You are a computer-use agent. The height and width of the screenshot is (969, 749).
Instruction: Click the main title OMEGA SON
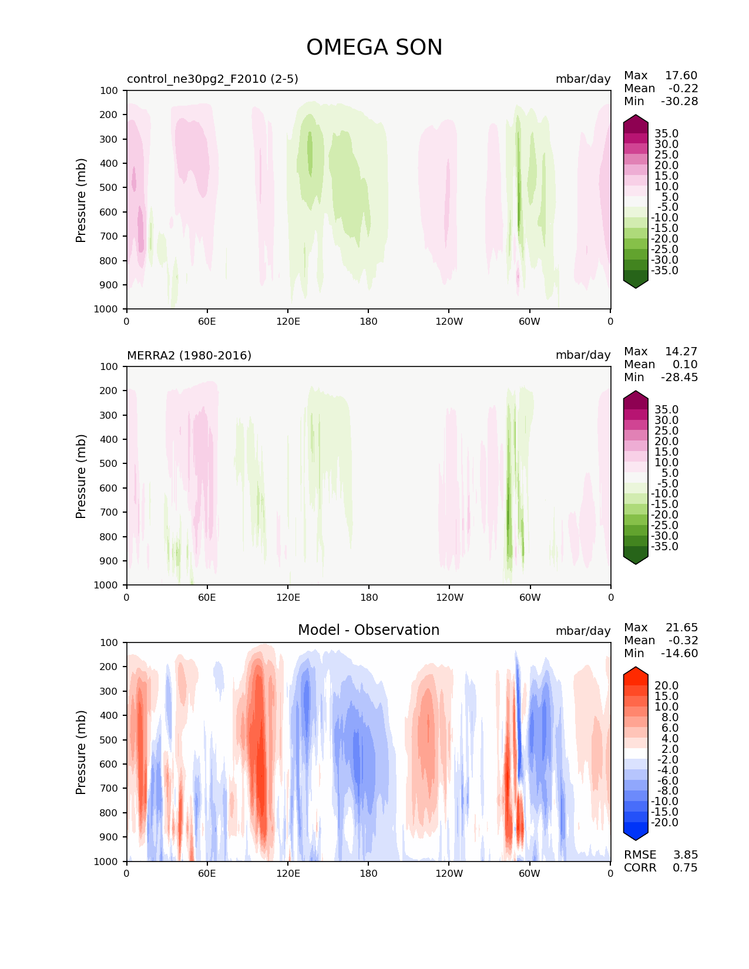click(x=374, y=48)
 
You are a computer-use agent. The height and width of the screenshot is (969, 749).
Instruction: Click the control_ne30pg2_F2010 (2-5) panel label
click(x=212, y=79)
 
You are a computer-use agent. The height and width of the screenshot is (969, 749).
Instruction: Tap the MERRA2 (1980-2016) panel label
click(x=189, y=355)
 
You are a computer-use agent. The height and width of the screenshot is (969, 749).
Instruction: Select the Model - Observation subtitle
click(x=368, y=630)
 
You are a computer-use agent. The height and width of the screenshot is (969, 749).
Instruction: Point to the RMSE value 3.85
click(x=685, y=855)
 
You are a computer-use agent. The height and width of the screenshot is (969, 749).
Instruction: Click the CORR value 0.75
click(x=685, y=868)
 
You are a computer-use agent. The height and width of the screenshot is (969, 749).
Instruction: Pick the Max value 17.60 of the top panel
click(x=681, y=76)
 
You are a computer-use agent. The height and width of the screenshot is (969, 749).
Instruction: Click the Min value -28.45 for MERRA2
click(x=679, y=378)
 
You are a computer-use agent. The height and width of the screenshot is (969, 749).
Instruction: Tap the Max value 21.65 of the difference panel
click(x=681, y=628)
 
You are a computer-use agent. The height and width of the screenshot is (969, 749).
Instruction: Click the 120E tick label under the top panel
click(x=288, y=321)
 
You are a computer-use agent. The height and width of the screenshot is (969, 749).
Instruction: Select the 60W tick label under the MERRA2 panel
click(x=530, y=597)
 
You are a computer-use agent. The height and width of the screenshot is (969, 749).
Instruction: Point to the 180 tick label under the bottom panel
click(x=368, y=873)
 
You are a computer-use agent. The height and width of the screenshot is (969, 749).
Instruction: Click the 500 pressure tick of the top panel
click(x=109, y=188)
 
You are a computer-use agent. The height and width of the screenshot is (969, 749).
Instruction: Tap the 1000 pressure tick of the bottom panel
click(x=107, y=862)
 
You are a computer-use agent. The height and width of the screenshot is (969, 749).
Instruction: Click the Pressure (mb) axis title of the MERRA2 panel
click(x=81, y=476)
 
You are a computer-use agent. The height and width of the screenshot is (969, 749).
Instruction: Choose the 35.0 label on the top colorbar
click(x=666, y=134)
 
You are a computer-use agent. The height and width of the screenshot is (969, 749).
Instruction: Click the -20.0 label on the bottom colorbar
click(x=664, y=823)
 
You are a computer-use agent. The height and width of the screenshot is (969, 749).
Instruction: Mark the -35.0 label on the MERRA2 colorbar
click(x=664, y=547)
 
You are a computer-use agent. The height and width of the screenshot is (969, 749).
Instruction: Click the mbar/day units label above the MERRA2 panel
click(x=583, y=355)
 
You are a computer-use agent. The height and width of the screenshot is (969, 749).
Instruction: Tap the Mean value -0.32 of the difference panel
click(x=683, y=641)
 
